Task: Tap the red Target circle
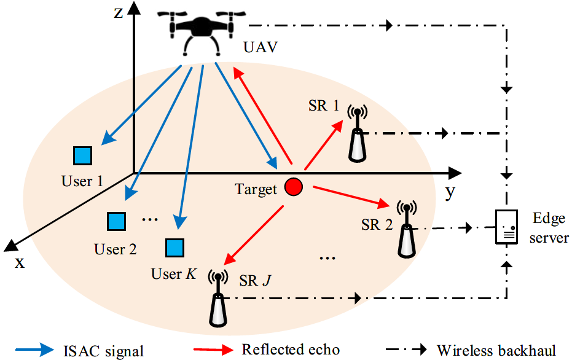point(293,186)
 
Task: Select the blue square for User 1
point(81,155)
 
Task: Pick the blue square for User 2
point(115,221)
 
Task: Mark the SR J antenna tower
point(216,299)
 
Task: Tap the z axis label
point(119,14)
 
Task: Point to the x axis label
point(20,262)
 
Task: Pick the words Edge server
point(548,228)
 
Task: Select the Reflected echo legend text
point(291,350)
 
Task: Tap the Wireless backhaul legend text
point(496,350)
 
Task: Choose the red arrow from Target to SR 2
point(350,196)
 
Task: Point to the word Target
point(256,189)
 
